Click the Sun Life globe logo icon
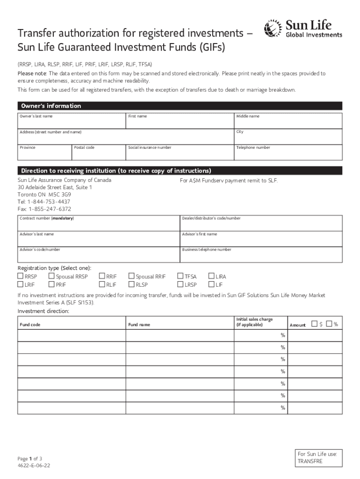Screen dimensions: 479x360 pyautogui.click(x=274, y=29)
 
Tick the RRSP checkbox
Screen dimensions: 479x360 pyautogui.click(x=21, y=276)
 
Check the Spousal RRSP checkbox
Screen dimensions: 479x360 pyautogui.click(x=52, y=276)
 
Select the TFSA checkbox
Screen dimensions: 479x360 pyautogui.click(x=180, y=276)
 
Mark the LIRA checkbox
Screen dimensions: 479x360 pyautogui.click(x=211, y=276)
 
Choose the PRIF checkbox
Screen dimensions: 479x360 pyautogui.click(x=52, y=284)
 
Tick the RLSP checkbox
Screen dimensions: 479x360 pyautogui.click(x=131, y=284)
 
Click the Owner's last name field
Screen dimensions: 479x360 pyautogui.click(x=72, y=123)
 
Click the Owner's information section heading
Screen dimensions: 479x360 pyautogui.click(x=50, y=106)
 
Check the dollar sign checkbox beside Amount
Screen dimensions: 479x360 pyautogui.click(x=314, y=324)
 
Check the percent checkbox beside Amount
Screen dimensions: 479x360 pyautogui.click(x=329, y=324)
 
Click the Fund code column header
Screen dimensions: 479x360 pyautogui.click(x=29, y=325)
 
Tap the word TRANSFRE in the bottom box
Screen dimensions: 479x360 pyautogui.click(x=310, y=461)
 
